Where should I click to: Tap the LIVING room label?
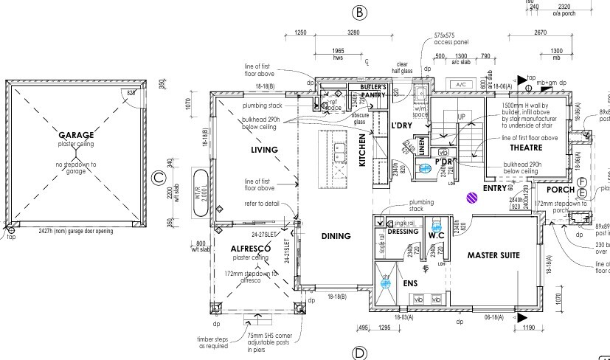(x=264, y=150)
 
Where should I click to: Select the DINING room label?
(x=336, y=237)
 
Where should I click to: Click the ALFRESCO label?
(x=249, y=249)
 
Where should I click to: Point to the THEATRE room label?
(x=525, y=148)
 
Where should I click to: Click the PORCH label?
(x=560, y=190)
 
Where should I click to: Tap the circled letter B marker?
(x=359, y=13)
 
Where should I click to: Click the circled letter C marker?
(x=159, y=178)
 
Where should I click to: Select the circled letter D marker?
(x=359, y=353)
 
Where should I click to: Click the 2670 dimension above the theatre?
(x=540, y=32)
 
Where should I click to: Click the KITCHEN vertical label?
(x=363, y=150)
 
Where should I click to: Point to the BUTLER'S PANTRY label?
(x=374, y=91)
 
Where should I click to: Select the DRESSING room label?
(x=403, y=232)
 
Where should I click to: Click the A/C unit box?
(x=462, y=85)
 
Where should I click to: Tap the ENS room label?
(x=410, y=283)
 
